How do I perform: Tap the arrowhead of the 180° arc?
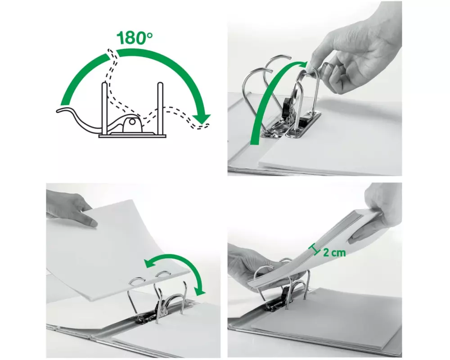pos(202,118)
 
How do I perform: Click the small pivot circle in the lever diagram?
pos(132,121)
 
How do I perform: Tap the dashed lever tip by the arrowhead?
pos(204,126)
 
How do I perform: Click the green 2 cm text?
pos(334,252)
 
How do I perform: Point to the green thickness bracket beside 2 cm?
pos(315,249)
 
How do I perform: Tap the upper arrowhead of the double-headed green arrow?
pos(150,263)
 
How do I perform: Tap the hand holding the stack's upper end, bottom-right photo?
pos(379,212)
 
